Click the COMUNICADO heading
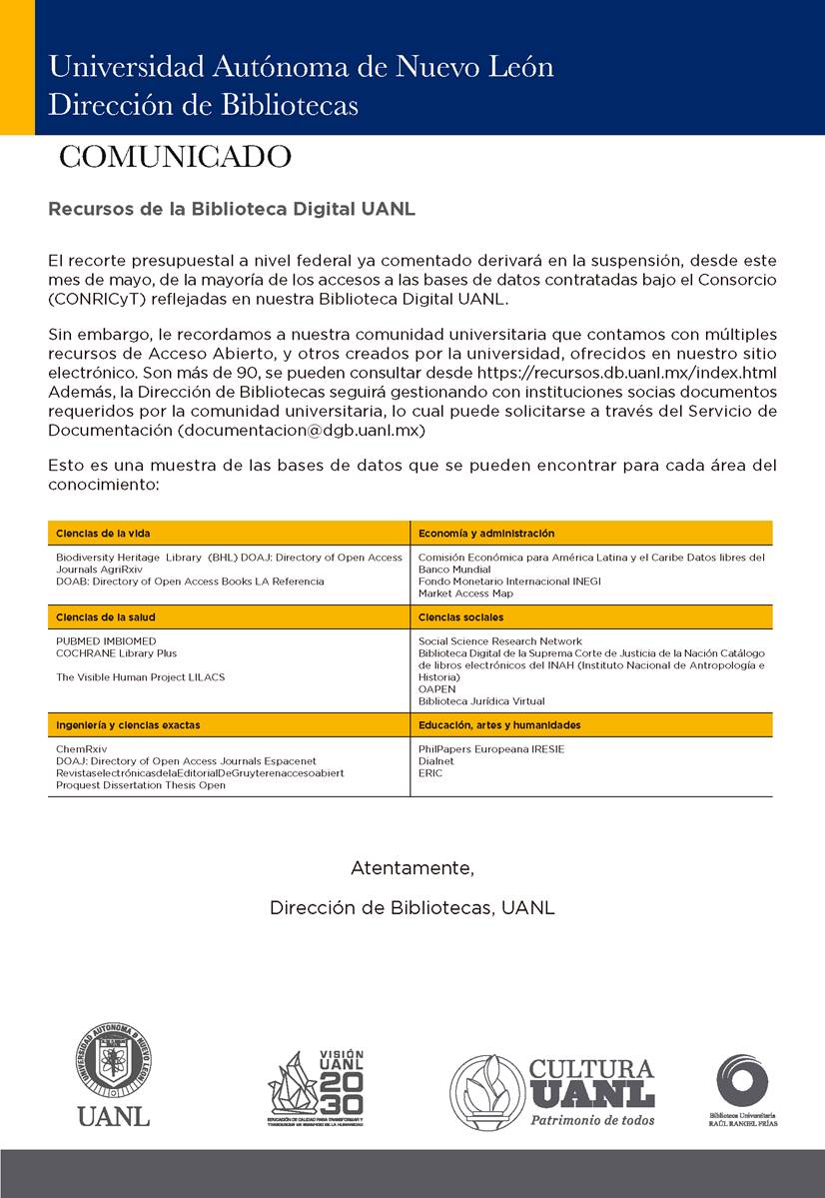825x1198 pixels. coord(175,157)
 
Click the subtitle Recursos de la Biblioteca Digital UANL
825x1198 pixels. coord(232,210)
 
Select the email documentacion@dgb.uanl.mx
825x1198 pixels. coord(302,430)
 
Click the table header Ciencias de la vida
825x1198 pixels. coord(103,534)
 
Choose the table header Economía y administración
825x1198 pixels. coord(486,534)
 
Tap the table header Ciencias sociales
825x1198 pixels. coord(461,617)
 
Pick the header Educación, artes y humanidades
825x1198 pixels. coord(499,724)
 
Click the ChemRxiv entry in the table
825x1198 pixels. coord(81,748)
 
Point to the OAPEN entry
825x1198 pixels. coord(436,688)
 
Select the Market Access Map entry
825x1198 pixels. coord(465,594)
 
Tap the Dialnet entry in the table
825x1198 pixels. coord(436,760)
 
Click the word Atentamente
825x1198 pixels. coord(412,868)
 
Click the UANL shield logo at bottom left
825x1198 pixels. coord(113,1064)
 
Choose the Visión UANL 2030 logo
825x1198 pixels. coord(316,1087)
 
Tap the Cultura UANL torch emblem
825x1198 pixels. coord(486,1091)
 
